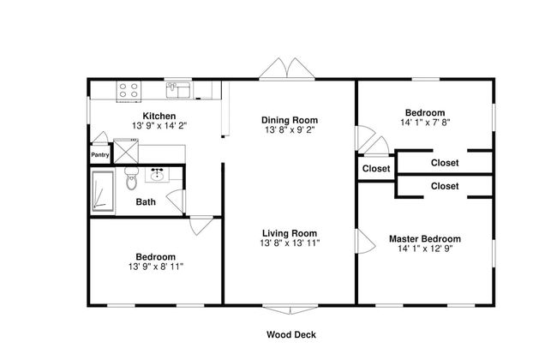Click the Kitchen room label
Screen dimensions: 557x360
click(x=159, y=116)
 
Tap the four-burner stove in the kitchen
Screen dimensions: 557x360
click(x=129, y=90)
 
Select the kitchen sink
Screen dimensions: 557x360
click(x=179, y=90)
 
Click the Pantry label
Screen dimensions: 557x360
click(x=100, y=155)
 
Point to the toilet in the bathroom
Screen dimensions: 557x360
click(x=131, y=178)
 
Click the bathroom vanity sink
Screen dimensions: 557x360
click(x=157, y=175)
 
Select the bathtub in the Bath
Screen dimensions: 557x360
click(x=103, y=191)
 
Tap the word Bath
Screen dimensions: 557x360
click(x=146, y=201)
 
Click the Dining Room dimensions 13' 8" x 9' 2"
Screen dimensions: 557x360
click(x=290, y=129)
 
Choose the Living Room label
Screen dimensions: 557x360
click(x=290, y=233)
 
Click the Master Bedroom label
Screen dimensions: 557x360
click(x=425, y=239)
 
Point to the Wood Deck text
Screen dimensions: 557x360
click(x=291, y=334)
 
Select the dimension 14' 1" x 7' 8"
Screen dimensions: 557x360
click(x=425, y=123)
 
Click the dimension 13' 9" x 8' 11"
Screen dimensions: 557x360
click(x=156, y=267)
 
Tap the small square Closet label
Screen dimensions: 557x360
click(x=376, y=169)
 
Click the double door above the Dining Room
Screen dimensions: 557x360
click(x=287, y=69)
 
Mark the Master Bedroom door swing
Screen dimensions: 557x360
click(x=365, y=241)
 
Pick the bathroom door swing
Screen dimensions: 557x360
click(x=175, y=201)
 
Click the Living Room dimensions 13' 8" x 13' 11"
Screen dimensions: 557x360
click(x=290, y=243)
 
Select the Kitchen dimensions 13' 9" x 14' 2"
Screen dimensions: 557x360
click(x=159, y=125)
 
